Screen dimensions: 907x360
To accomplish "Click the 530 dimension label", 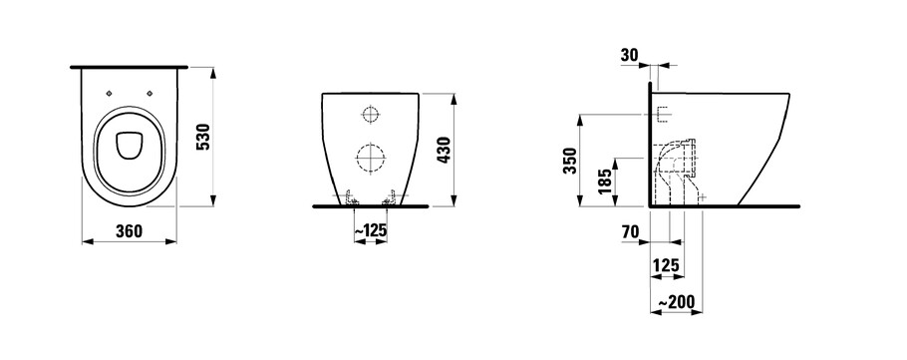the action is click(204, 137).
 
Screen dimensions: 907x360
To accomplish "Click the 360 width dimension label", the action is click(129, 231).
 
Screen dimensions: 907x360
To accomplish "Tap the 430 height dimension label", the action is click(445, 150).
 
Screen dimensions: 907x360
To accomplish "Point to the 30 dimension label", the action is click(629, 55).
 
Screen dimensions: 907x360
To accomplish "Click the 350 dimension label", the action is click(570, 161).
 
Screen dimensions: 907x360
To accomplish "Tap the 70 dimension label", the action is click(631, 232).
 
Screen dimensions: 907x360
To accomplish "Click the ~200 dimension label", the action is click(676, 301).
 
